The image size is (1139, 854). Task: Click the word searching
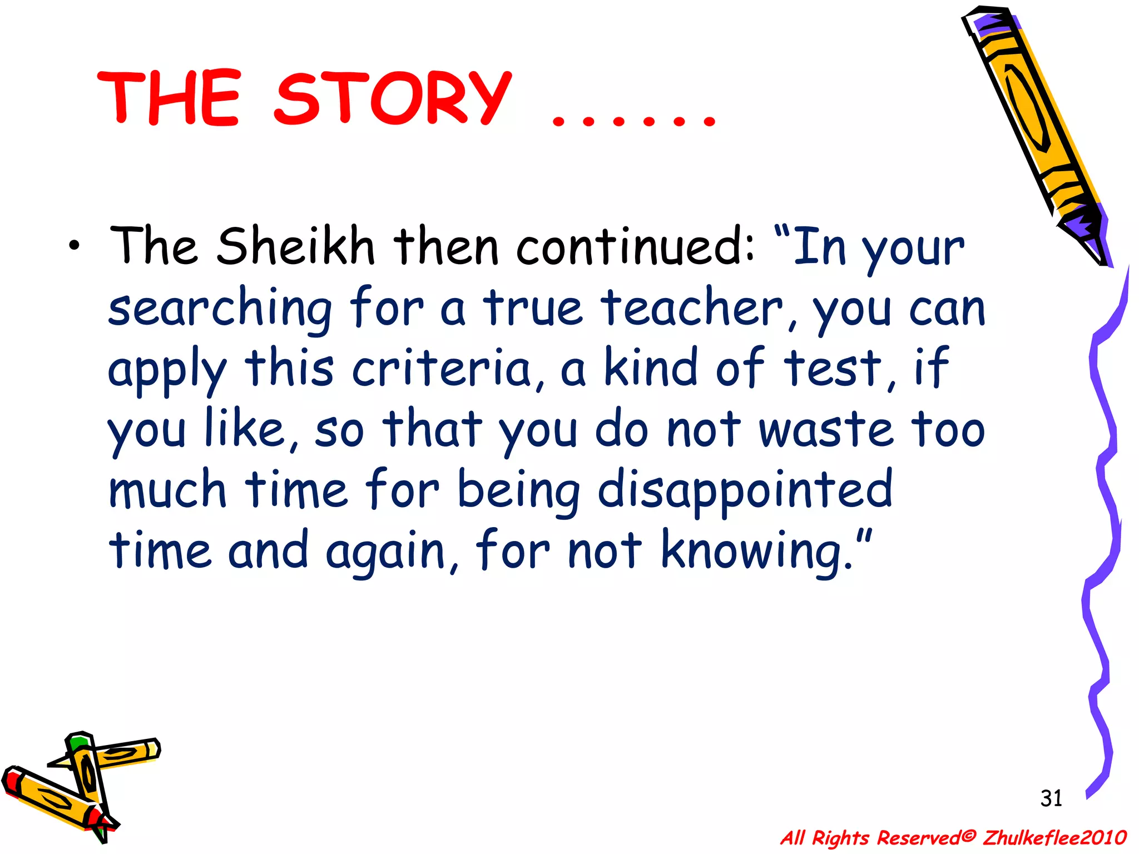(x=220, y=309)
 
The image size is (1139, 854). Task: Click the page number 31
(x=1051, y=798)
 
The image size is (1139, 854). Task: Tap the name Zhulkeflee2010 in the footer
(x=1054, y=837)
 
